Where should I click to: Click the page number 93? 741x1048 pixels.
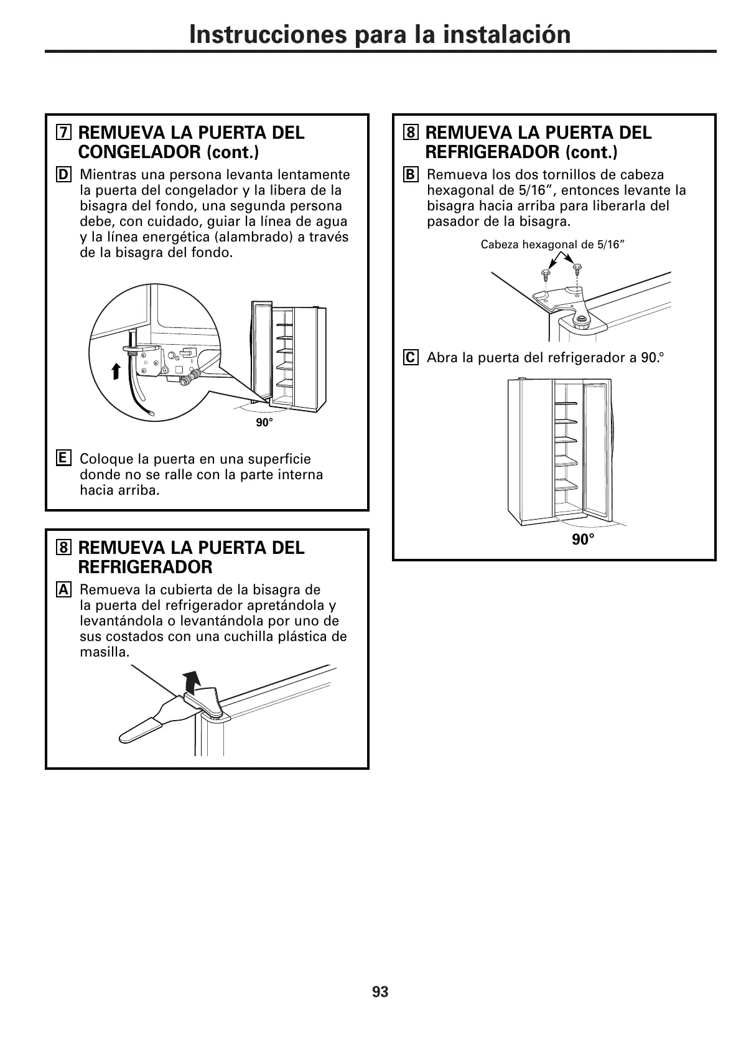coord(380,992)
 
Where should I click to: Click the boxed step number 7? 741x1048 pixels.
coord(63,133)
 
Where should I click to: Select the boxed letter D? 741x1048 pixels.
coord(63,175)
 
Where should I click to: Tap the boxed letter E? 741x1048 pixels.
coord(63,459)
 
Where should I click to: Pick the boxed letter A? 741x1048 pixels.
coord(63,590)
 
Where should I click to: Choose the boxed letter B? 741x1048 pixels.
coord(410,175)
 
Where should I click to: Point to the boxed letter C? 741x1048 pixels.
coord(410,358)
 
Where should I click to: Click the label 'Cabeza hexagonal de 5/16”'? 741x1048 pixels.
coord(552,245)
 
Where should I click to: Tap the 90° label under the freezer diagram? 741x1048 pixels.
coord(264,423)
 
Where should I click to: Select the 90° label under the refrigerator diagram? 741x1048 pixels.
coord(583,540)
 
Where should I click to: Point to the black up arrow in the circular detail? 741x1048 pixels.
coord(116,371)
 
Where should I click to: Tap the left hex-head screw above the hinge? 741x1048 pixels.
coord(545,274)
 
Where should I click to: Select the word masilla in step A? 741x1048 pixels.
coord(104,652)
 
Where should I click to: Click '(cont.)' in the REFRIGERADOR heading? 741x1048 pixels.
coord(591,152)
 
